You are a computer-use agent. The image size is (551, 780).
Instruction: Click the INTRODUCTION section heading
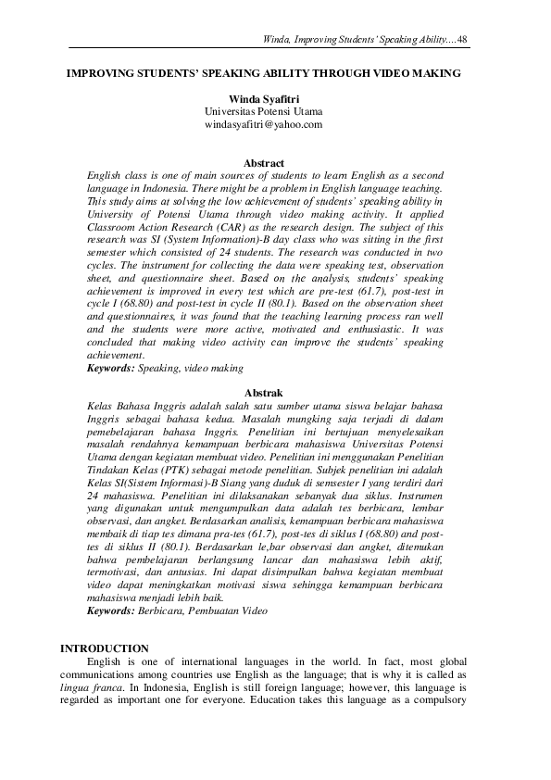pyautogui.click(x=104, y=648)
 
